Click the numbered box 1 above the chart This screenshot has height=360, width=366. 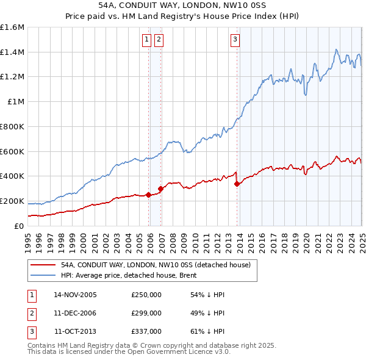pyautogui.click(x=147, y=40)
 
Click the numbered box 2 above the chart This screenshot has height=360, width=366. pyautogui.click(x=159, y=40)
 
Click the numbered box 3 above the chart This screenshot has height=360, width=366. pyautogui.click(x=235, y=40)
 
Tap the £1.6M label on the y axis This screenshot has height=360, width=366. pyautogui.click(x=12, y=27)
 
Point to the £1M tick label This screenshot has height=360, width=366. pyautogui.click(x=16, y=102)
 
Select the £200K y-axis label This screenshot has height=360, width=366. pyautogui.click(x=12, y=201)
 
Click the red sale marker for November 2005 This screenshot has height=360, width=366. pyautogui.click(x=149, y=195)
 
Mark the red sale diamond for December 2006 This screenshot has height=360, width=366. pyautogui.click(x=161, y=189)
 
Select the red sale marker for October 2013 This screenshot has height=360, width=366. pyautogui.click(x=237, y=184)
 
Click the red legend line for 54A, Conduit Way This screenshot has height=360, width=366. pyautogui.click(x=43, y=265)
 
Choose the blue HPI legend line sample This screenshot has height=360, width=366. pyautogui.click(x=43, y=276)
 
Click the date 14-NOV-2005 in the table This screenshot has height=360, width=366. pyautogui.click(x=75, y=294)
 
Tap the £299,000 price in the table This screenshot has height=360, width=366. pyautogui.click(x=146, y=313)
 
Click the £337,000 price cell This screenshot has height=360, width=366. pyautogui.click(x=146, y=332)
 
